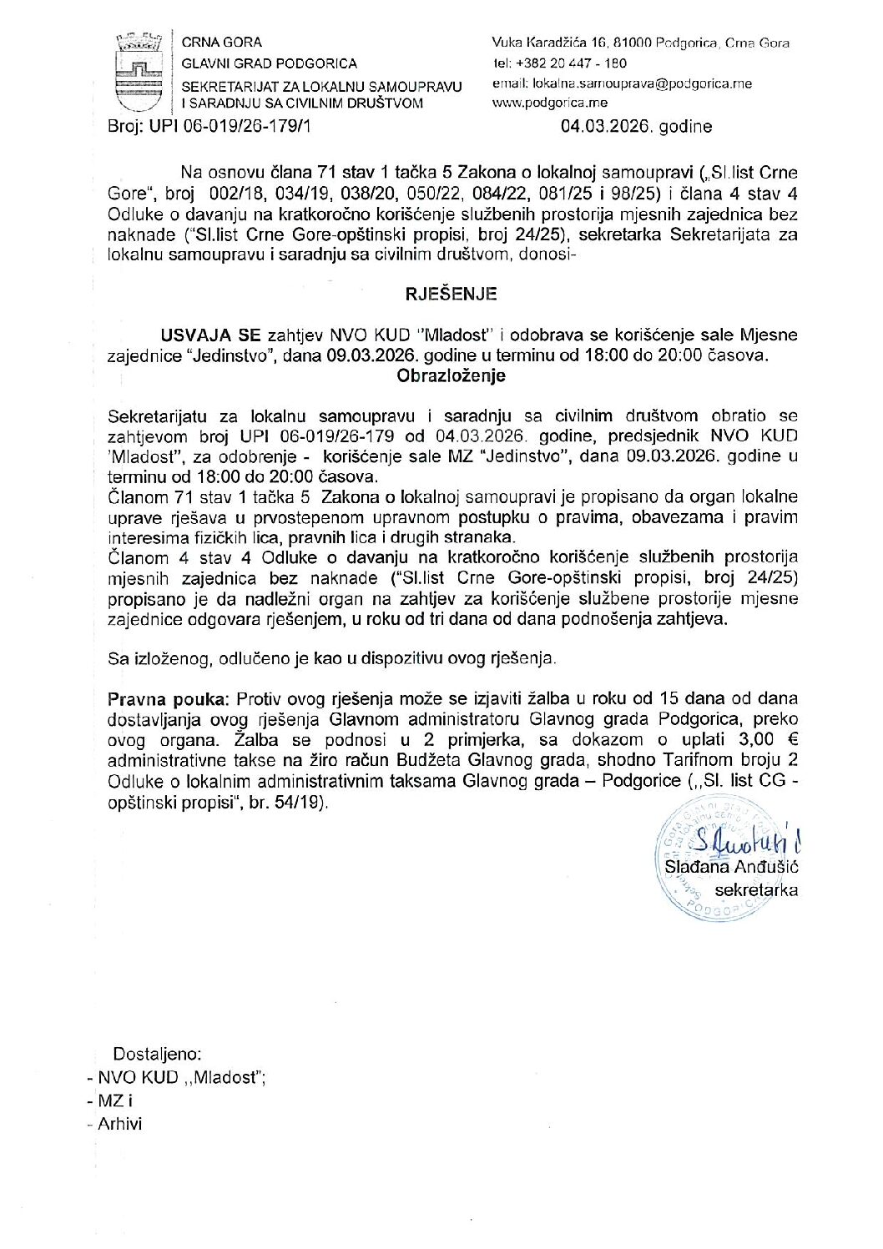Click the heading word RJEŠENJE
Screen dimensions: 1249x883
point(451,294)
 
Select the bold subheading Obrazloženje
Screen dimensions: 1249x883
point(451,375)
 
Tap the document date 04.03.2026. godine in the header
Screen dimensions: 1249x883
point(637,127)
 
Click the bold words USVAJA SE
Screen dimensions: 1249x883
point(210,335)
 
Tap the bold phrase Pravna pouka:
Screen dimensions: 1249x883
point(170,698)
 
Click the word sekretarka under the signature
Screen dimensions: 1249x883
point(755,889)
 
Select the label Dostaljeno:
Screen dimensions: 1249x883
point(157,1053)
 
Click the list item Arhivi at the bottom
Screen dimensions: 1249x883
point(119,1124)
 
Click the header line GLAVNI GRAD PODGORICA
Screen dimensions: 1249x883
point(270,63)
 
